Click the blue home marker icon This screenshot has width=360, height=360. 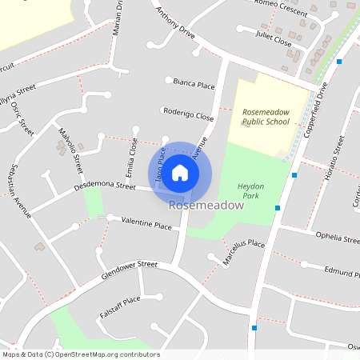click(x=180, y=173)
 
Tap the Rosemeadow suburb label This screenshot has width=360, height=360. click(x=206, y=206)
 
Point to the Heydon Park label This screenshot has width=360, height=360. click(x=250, y=190)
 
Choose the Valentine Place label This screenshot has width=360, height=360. click(x=146, y=226)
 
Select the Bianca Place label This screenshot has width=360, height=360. click(x=195, y=84)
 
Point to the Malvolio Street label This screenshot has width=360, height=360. click(x=70, y=149)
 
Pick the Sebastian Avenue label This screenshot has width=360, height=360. click(x=18, y=188)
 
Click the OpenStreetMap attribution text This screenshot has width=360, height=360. click(x=80, y=354)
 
